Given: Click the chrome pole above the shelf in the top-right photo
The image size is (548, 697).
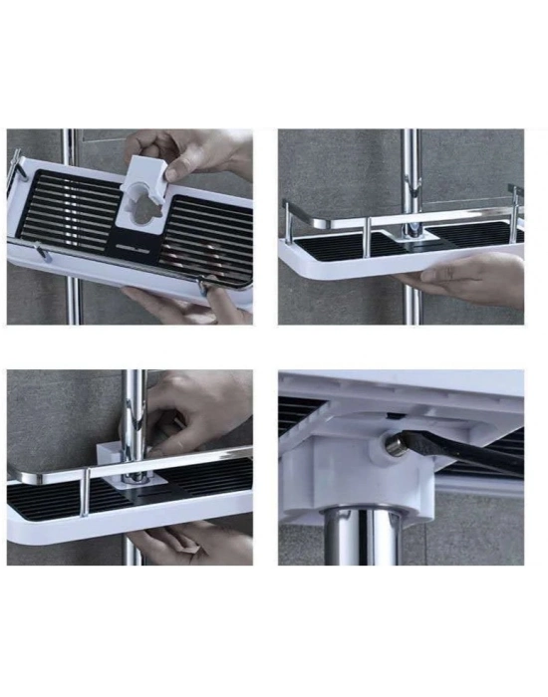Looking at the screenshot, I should (x=410, y=169).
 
